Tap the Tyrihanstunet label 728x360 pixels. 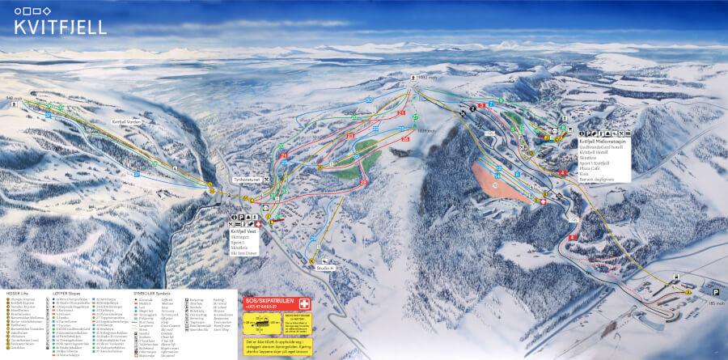[244, 180]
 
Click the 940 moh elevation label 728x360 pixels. [13, 98]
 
